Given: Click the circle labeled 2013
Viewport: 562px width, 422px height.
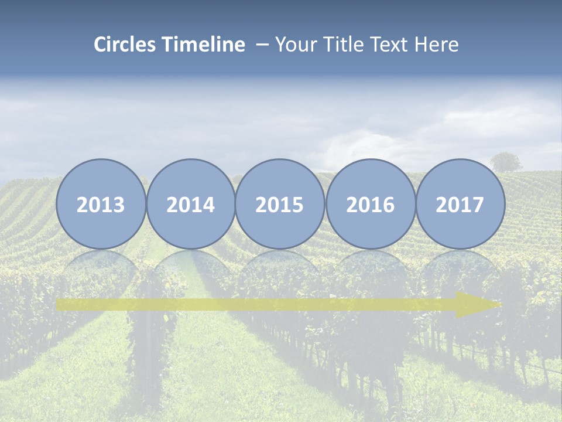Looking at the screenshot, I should (x=101, y=204).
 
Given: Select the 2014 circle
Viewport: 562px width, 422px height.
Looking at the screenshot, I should (x=190, y=204).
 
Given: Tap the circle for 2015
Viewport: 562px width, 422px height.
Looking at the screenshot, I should (x=280, y=204).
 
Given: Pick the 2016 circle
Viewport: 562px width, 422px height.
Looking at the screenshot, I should (x=370, y=204).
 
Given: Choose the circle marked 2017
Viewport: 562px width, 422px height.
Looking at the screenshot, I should (x=460, y=204).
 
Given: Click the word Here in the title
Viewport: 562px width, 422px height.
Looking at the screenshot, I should (x=437, y=45).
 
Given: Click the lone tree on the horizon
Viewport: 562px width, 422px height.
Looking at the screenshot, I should (x=506, y=162).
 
